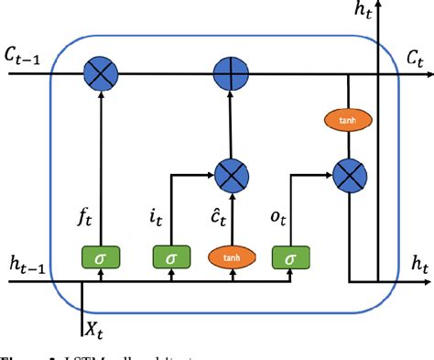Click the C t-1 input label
click(27, 57)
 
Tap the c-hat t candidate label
click(211, 219)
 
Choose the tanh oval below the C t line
click(349, 119)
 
